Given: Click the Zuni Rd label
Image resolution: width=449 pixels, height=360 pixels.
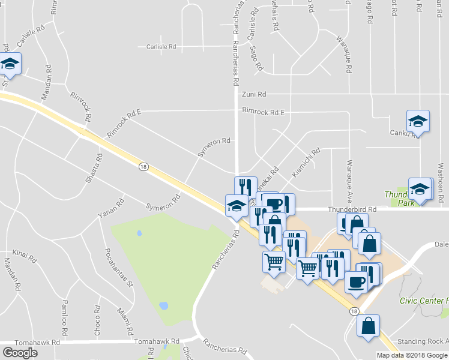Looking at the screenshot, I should click(253, 94).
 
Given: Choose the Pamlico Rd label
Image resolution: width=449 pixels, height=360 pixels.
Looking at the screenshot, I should click(65, 317).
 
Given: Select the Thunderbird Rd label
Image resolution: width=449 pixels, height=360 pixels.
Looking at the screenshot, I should click(352, 209).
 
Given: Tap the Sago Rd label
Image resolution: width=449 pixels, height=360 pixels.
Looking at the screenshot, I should click(257, 58).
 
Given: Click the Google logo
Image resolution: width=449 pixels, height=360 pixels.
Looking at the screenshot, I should click(20, 353).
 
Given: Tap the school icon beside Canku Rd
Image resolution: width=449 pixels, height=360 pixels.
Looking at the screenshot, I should click(418, 122).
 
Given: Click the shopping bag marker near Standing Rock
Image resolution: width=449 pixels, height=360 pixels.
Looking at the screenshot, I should click(368, 326).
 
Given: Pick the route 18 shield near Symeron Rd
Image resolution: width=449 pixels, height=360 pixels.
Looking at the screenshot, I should click(142, 167).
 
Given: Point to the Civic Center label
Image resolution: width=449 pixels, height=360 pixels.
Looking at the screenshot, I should click(424, 301).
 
